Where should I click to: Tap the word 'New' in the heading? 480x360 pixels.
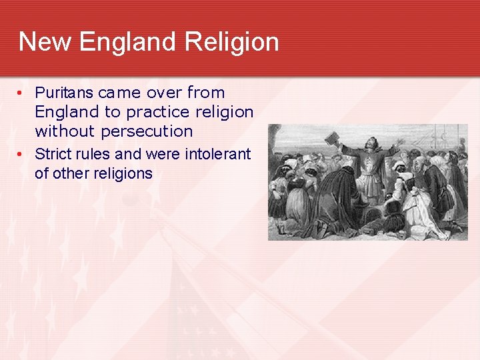45,42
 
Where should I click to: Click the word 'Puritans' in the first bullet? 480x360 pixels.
63,93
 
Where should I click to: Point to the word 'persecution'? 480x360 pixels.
147,131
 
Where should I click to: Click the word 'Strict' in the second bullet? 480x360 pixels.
51,154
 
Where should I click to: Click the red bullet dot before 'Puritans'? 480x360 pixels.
21,93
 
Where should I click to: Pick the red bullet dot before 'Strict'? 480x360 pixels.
21,155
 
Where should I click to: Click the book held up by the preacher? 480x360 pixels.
331,138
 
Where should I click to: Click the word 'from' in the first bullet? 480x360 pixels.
206,93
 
